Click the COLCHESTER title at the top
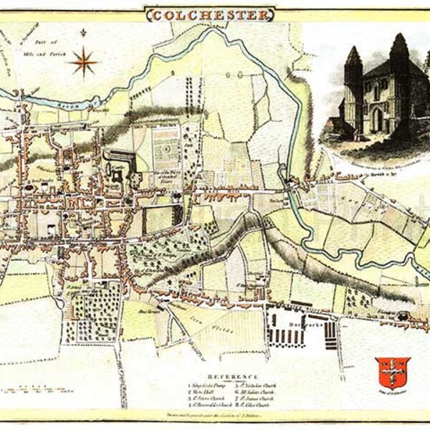[210, 14]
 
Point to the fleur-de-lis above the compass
[84, 33]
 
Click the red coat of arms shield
[392, 371]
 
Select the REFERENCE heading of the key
[233, 376]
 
